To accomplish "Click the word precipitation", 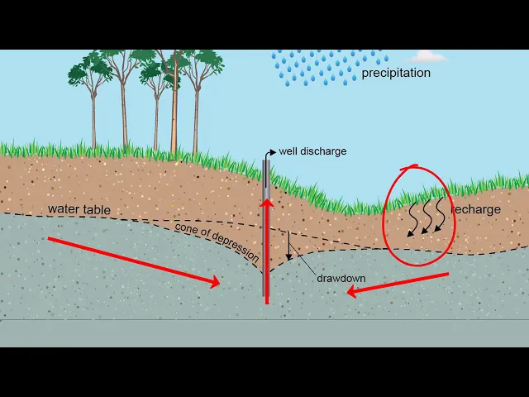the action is point(396,73).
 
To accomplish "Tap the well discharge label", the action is point(312,151).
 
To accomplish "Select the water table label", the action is point(79,210).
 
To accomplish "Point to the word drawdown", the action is point(341,278).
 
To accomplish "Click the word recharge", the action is point(477,209).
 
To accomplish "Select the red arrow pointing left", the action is point(397,283).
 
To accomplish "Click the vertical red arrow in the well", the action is point(267,248).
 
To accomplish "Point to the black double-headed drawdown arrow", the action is point(288,244).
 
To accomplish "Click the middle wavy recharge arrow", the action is point(426,217).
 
